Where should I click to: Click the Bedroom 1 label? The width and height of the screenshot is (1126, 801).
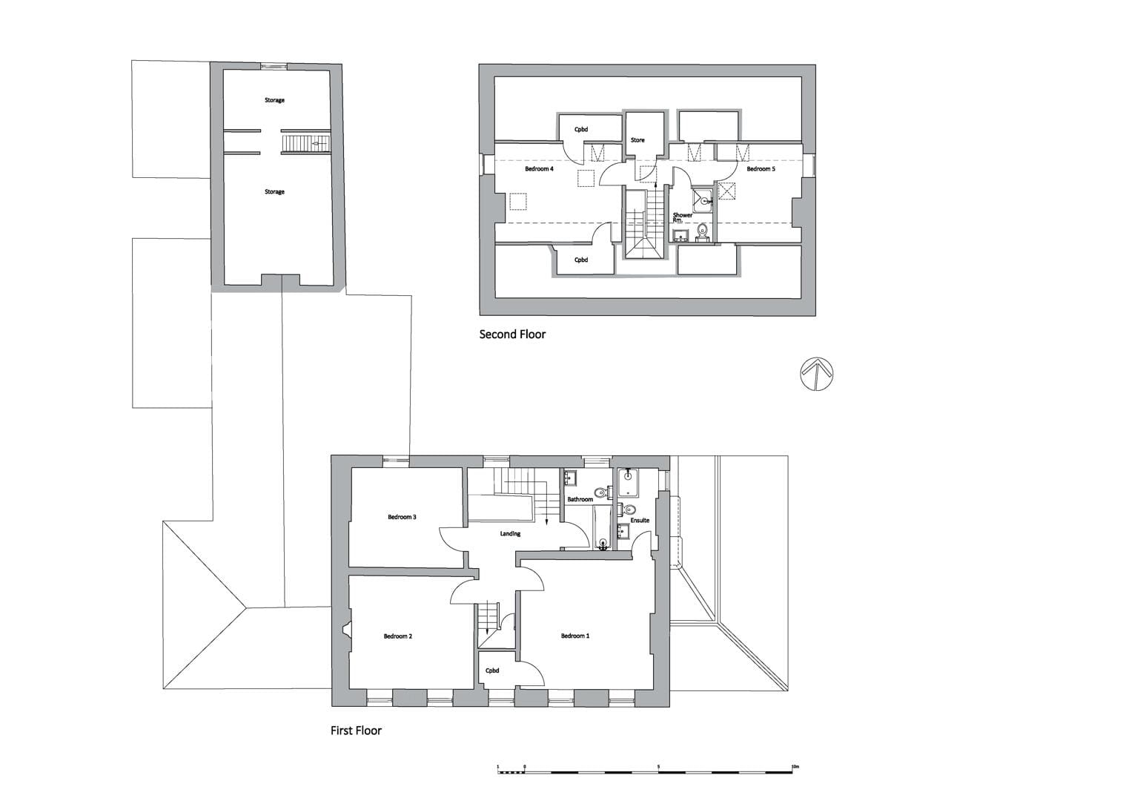[575, 636]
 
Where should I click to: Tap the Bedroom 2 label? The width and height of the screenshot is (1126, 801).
[397, 636]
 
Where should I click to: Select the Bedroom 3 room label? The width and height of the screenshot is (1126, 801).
[402, 517]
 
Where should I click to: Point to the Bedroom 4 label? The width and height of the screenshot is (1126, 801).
[539, 169]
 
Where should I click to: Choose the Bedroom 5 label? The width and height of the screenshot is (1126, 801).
[761, 169]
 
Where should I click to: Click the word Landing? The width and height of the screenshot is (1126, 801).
[510, 534]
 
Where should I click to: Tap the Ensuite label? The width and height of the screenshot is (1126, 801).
[640, 521]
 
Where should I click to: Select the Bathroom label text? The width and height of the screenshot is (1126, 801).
[580, 499]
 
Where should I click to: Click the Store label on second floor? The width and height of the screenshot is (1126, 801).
[637, 140]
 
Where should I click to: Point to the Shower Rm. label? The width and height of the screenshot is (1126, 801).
[682, 217]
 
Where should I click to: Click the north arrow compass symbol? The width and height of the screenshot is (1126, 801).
[816, 374]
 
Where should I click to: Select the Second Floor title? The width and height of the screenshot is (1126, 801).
[512, 334]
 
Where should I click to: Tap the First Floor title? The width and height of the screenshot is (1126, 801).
[356, 731]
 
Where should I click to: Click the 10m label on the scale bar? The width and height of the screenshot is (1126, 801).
[795, 767]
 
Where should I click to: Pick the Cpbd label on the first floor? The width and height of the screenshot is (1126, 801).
[492, 670]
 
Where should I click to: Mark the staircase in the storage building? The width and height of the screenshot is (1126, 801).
[305, 144]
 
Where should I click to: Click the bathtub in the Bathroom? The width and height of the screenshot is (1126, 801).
[603, 527]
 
